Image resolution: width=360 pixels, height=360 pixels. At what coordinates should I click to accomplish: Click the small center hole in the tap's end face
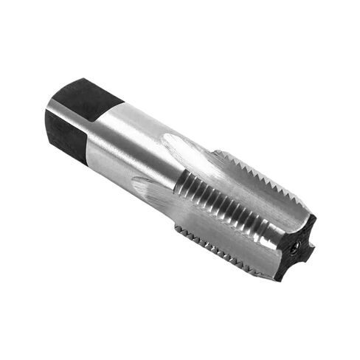pos(296,249)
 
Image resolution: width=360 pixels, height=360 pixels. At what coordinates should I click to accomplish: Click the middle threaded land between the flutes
pos(229,207)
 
